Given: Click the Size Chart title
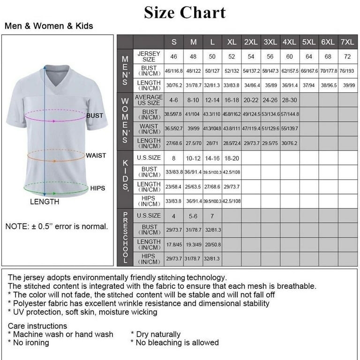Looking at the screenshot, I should [x=185, y=12].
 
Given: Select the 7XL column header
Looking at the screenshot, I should [x=347, y=42].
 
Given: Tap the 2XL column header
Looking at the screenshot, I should [x=251, y=42].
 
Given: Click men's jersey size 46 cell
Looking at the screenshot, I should [x=174, y=57].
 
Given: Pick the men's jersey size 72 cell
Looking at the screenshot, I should [x=347, y=57].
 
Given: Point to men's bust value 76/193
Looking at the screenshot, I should [x=347, y=71].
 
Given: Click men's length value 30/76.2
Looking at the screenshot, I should [x=174, y=86].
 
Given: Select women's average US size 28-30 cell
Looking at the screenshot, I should [x=289, y=100].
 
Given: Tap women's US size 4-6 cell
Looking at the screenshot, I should [x=174, y=100].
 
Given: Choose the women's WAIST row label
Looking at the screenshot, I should [x=150, y=129].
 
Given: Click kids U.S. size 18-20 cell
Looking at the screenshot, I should [x=232, y=158].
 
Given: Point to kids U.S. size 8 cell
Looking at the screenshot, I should [x=174, y=158].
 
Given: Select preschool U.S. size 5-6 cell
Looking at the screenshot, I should [x=193, y=216].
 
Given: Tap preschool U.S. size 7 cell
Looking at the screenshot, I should [x=212, y=216].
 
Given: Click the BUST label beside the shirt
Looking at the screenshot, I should [x=95, y=115].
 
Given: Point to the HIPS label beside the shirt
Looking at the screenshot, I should [x=97, y=188].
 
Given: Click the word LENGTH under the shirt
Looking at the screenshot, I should [x=45, y=202].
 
